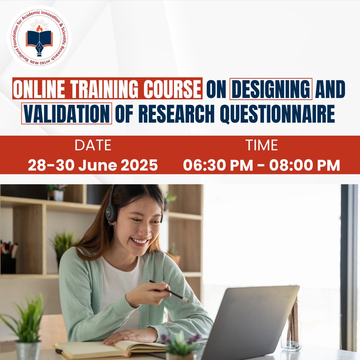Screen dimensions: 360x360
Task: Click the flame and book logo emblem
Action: click(x=39, y=37)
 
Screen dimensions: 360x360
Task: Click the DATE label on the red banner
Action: click(x=93, y=145)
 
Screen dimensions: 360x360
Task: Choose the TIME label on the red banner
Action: click(x=261, y=145)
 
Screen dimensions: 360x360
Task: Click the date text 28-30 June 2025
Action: click(x=93, y=165)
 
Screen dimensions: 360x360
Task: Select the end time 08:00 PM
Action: click(x=304, y=165)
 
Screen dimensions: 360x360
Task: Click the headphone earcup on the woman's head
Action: click(x=111, y=212)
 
